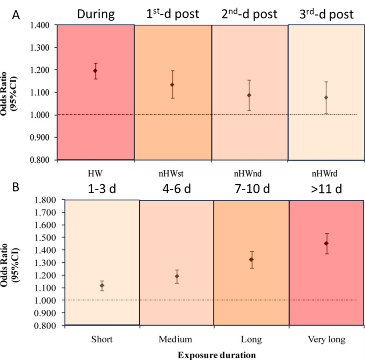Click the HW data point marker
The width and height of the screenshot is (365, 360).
[95, 71]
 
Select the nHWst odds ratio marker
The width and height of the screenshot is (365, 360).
[172, 85]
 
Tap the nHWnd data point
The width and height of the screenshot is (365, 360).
[249, 95]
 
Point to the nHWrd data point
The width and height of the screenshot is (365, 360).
[326, 97]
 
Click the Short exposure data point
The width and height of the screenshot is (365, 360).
[102, 285]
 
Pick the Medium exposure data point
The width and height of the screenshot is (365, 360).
[177, 276]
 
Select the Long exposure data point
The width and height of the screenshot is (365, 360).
[252, 260]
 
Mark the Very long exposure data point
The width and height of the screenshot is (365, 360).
[327, 243]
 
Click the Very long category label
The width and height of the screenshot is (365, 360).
[326, 340]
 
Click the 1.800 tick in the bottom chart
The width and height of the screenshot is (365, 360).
[45, 200]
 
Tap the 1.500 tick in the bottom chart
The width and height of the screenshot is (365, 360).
[45, 238]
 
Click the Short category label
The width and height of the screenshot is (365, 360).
[102, 340]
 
